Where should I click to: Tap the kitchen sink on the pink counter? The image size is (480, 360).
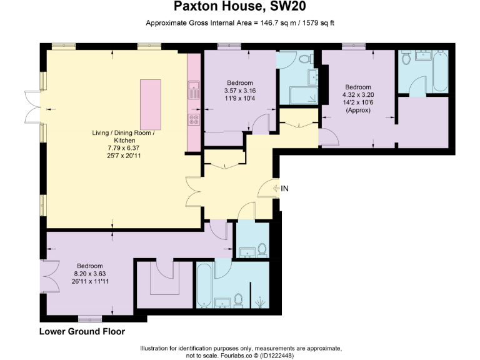194,89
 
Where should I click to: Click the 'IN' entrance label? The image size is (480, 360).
285,188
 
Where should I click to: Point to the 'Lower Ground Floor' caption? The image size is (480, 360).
82,331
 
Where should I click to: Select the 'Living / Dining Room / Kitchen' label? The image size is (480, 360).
122,137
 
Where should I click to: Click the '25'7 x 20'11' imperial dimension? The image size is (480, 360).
122,155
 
